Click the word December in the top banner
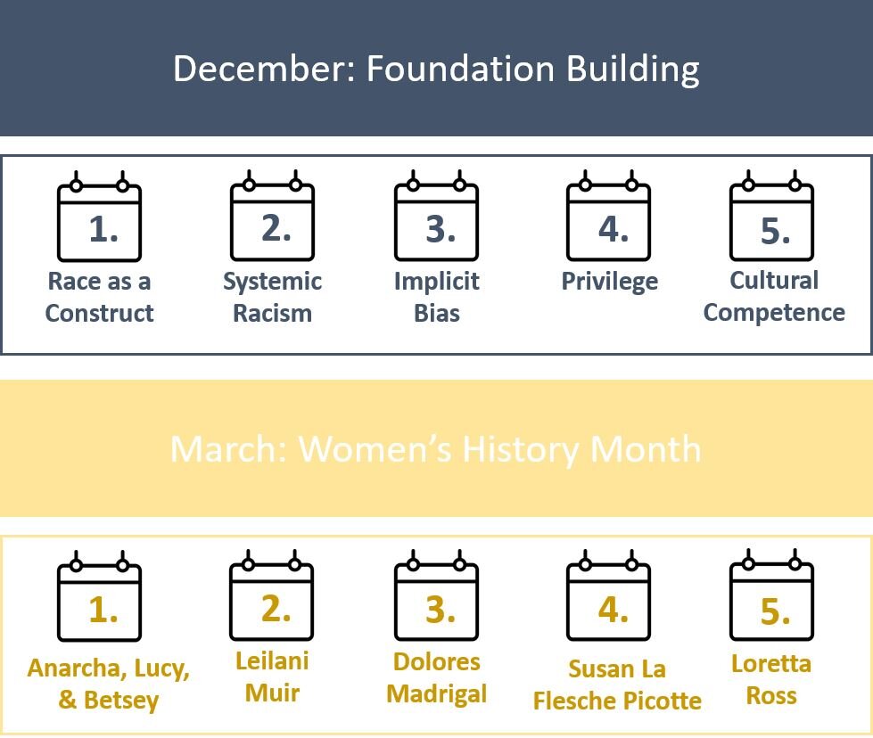coord(265,69)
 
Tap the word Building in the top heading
coord(632,70)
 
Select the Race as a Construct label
coord(99,297)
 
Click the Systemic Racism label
coord(272,297)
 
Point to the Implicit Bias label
coord(437,297)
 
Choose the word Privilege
coord(610,282)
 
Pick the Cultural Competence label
coord(774,296)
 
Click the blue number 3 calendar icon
coord(437,216)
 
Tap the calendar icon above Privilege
coord(608,216)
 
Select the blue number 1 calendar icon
coord(99,216)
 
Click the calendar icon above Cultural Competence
coord(771,216)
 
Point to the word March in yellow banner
coord(228,448)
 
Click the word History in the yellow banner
coord(522,450)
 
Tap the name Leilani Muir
coord(272,676)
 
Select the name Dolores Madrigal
coord(437,678)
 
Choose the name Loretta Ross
coord(771,679)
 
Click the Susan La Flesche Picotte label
coord(617,685)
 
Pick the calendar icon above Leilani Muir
coord(272,595)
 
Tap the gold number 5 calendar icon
coord(771,595)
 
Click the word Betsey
coord(120,701)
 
